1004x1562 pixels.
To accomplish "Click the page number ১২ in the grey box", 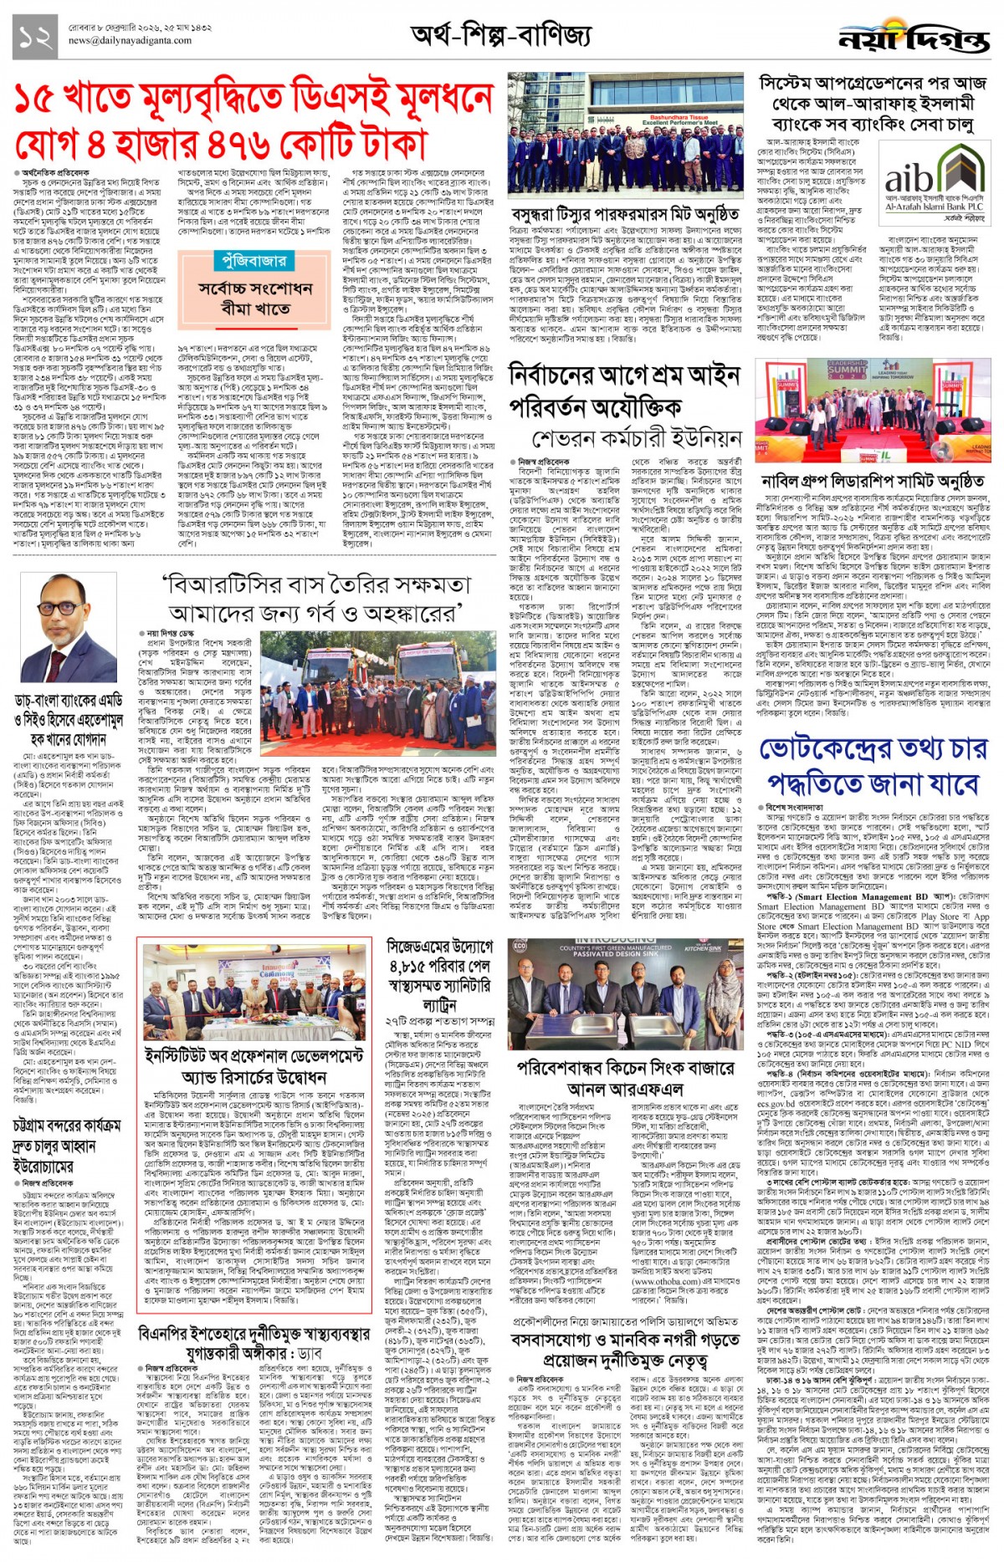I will [35, 37].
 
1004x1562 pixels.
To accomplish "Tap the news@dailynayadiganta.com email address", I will [130, 40].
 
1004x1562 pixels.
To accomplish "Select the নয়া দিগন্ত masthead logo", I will [914, 38].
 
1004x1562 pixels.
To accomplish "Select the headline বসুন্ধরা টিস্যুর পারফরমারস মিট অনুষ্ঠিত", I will [625, 215].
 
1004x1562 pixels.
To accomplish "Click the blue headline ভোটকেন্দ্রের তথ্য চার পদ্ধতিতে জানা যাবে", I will [873, 769].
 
